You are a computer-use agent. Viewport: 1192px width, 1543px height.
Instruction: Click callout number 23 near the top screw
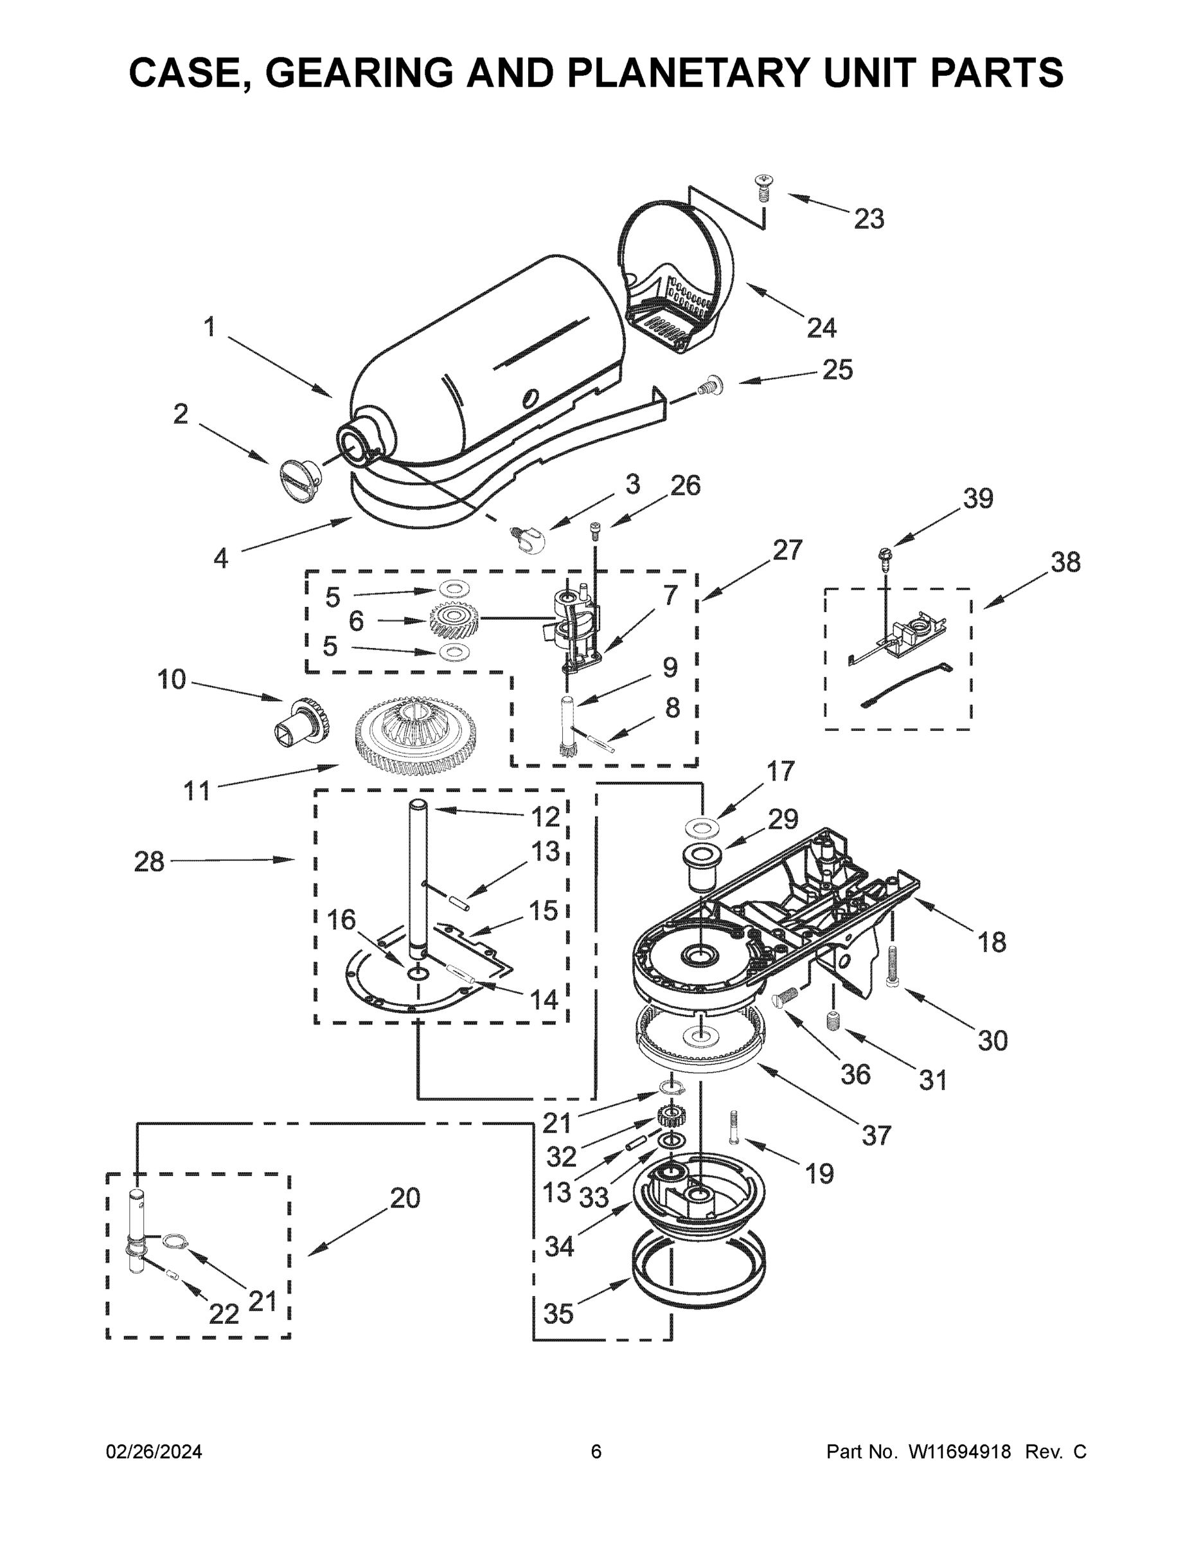pyautogui.click(x=869, y=219)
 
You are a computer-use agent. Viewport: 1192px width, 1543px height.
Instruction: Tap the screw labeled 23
pyautogui.click(x=763, y=185)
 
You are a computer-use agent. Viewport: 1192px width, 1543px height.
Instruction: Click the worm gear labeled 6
pyautogui.click(x=455, y=620)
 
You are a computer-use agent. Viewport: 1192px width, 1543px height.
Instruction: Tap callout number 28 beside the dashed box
pyautogui.click(x=149, y=862)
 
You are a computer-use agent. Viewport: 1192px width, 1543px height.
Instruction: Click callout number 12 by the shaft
pyautogui.click(x=545, y=817)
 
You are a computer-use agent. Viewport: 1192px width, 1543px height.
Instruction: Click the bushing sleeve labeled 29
pyautogui.click(x=700, y=866)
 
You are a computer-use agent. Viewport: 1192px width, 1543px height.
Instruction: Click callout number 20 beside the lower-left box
pyautogui.click(x=405, y=1198)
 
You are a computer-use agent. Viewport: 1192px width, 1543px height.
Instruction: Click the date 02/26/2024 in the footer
pyautogui.click(x=154, y=1451)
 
